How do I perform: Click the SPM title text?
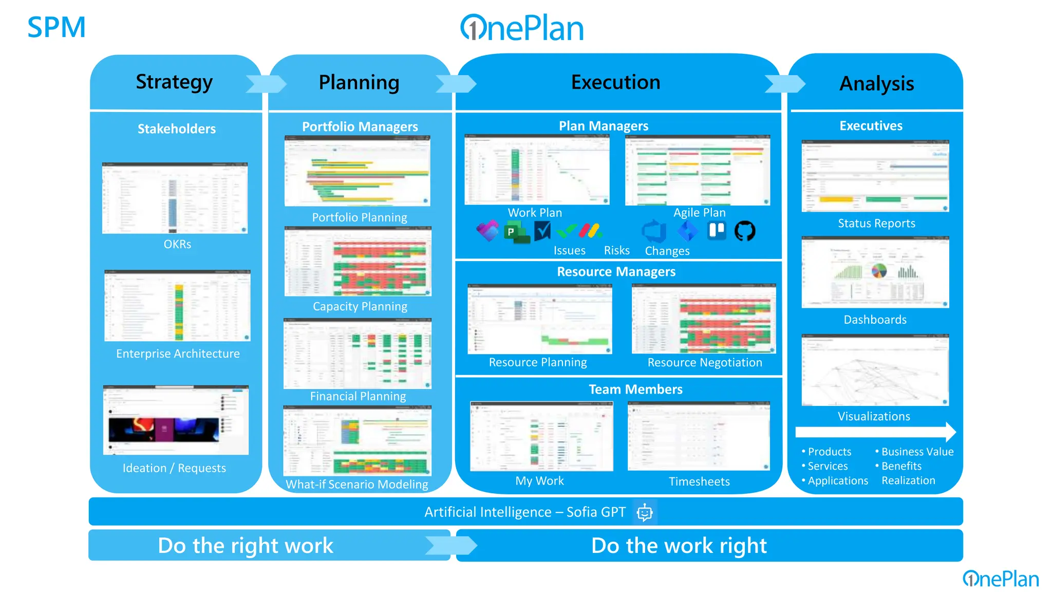pos(56,27)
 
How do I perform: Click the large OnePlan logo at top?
pos(522,28)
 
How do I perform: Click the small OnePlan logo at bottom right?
pos(1000,579)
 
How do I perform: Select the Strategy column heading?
pos(174,82)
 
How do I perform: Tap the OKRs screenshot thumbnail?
pos(175,198)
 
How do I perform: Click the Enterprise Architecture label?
pos(178,354)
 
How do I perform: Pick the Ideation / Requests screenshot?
pos(176,420)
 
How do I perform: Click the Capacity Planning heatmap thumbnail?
pos(358,263)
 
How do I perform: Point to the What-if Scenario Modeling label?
pos(356,484)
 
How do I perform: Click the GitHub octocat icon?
pos(744,231)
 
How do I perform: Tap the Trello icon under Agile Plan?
pos(717,230)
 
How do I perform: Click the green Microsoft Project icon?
pos(515,232)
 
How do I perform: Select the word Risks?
pos(616,250)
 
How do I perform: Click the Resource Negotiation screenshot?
pos(704,319)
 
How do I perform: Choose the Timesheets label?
pos(699,482)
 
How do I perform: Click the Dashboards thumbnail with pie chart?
pos(875,272)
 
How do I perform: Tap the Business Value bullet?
pos(917,452)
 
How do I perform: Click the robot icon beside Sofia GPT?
pos(644,512)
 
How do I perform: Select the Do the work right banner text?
pos(679,546)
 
